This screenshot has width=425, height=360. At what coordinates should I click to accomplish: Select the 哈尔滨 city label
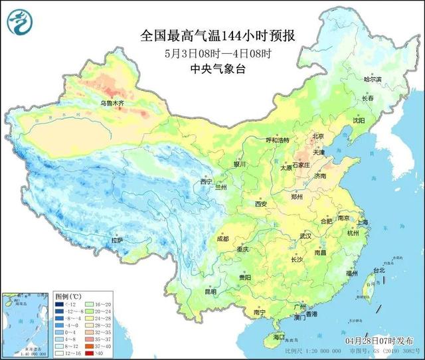(373, 79)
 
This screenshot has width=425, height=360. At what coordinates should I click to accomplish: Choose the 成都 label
(222, 238)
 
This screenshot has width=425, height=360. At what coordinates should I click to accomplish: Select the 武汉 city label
(305, 236)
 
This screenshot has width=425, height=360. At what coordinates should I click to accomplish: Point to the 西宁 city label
(207, 181)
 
